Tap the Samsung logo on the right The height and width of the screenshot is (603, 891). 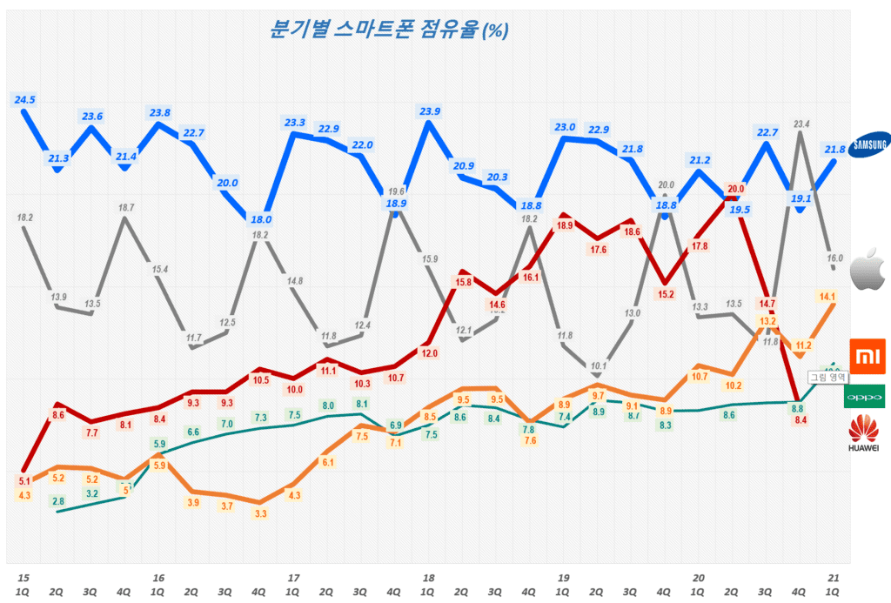click(869, 144)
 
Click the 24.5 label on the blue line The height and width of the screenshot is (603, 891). click(24, 100)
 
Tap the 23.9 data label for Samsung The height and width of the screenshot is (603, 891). click(429, 111)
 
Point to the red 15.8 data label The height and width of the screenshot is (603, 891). click(463, 282)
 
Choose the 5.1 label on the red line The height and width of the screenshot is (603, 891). click(23, 480)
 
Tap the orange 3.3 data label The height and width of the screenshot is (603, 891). click(260, 514)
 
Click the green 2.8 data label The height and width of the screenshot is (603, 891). click(57, 501)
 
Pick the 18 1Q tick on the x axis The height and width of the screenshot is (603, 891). click(428, 584)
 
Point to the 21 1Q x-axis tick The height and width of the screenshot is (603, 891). click(834, 584)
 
